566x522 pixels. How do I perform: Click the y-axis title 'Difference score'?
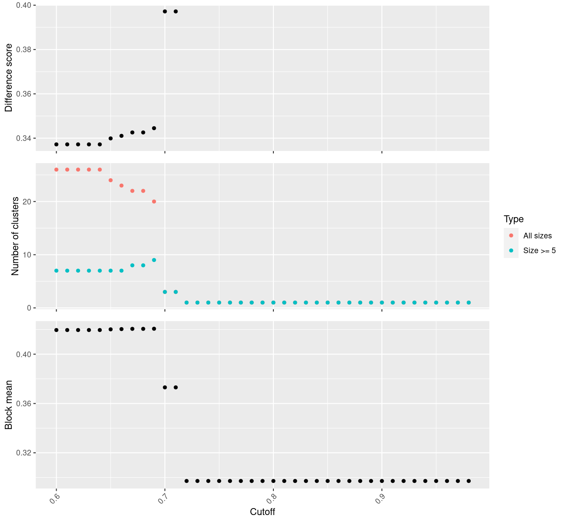pyautogui.click(x=9, y=77)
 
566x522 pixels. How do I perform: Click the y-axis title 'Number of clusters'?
pyautogui.click(x=15, y=236)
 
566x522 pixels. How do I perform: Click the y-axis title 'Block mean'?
pyautogui.click(x=9, y=405)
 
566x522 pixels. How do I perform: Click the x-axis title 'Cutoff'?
pyautogui.click(x=263, y=512)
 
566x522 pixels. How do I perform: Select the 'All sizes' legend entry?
pyautogui.click(x=537, y=236)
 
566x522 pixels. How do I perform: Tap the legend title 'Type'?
pyautogui.click(x=514, y=219)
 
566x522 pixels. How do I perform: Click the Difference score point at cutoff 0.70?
pyautogui.click(x=165, y=11)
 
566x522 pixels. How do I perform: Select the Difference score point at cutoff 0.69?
pyautogui.click(x=154, y=128)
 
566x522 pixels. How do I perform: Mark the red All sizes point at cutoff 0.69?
pyautogui.click(x=154, y=201)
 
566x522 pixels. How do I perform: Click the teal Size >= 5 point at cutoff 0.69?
pyautogui.click(x=154, y=260)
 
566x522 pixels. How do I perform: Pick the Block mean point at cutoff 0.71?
pyautogui.click(x=175, y=387)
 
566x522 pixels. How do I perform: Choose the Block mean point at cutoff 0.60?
pyautogui.click(x=56, y=330)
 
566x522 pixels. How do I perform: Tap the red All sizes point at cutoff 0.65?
pyautogui.click(x=111, y=180)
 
